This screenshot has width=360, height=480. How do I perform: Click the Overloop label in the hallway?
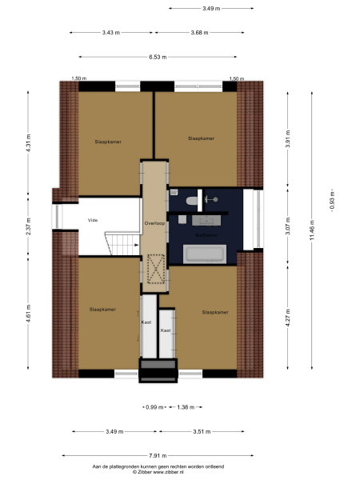[154, 224]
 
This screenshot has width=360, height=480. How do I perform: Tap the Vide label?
[93, 219]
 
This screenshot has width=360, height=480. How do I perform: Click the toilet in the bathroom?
[186, 201]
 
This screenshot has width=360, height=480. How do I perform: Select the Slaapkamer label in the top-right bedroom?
[201, 138]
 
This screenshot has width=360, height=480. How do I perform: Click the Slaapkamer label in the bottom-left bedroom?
[102, 309]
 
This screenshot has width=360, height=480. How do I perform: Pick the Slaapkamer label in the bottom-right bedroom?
[215, 312]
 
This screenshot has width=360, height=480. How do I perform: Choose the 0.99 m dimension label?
[151, 408]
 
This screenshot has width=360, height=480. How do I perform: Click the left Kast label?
[146, 322]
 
